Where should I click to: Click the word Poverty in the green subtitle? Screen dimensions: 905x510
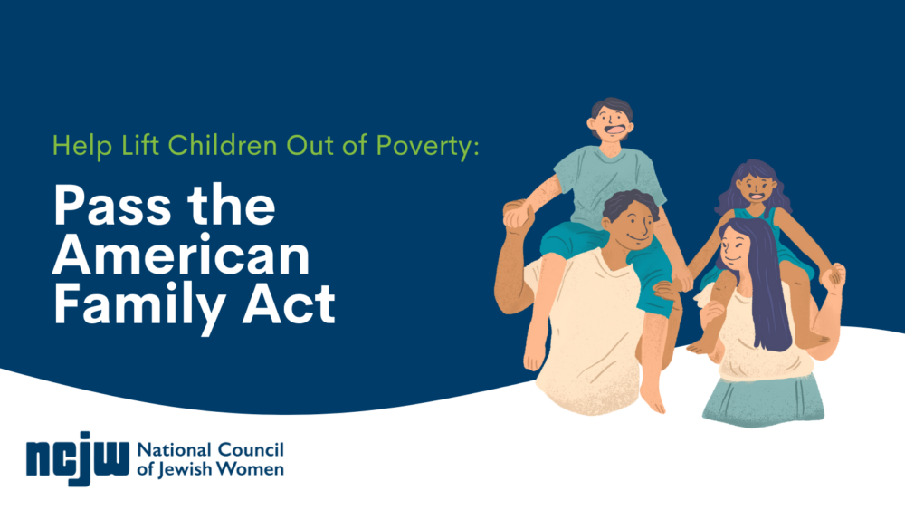(427, 146)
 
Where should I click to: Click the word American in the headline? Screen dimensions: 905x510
(181, 255)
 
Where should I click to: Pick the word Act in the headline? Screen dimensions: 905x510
(289, 303)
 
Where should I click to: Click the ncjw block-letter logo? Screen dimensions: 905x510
(77, 458)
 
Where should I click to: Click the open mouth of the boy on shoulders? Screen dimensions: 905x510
(614, 130)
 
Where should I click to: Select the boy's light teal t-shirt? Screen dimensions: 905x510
(606, 184)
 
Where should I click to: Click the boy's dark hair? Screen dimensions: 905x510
(613, 108)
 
